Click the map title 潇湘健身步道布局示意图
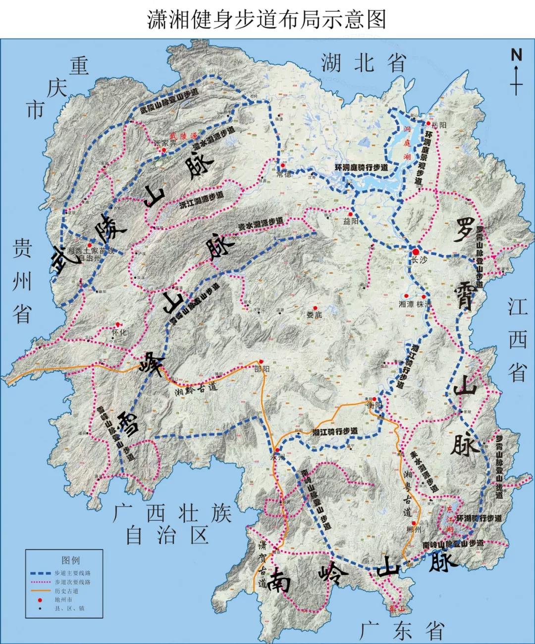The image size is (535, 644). pyautogui.click(x=267, y=20)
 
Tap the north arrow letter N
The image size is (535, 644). pyautogui.click(x=516, y=55)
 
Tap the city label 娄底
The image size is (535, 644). pyautogui.click(x=314, y=315)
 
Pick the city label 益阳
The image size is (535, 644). pyautogui.click(x=350, y=221)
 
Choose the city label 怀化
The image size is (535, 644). pyautogui.click(x=120, y=333)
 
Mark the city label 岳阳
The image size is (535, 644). pyautogui.click(x=439, y=125)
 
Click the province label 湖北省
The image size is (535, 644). pyautogui.click(x=364, y=63)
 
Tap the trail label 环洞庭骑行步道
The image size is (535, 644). pyautogui.click(x=361, y=168)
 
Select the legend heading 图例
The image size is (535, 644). pyautogui.click(x=71, y=560)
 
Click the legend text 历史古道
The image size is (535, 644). pyautogui.click(x=66, y=591)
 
